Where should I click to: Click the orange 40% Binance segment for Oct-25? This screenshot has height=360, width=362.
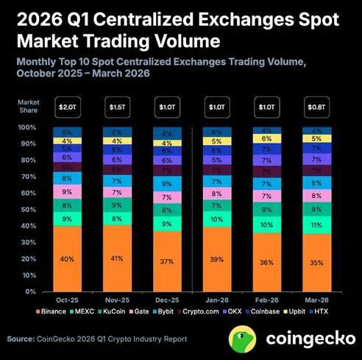click(x=67, y=258)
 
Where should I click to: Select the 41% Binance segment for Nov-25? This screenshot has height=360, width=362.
click(x=118, y=258)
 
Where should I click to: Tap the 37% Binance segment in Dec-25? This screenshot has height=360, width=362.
click(x=168, y=261)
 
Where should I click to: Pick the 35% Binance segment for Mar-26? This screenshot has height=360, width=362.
click(x=316, y=263)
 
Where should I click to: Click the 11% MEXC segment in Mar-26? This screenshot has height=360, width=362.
click(x=316, y=225)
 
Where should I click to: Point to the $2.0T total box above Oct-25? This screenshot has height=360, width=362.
click(x=67, y=107)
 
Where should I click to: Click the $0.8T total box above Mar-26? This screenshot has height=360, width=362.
click(x=316, y=107)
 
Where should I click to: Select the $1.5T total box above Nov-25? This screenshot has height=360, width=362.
click(x=118, y=107)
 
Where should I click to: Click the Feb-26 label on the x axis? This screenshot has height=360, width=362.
click(x=267, y=300)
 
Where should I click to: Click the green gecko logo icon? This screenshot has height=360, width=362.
click(x=244, y=339)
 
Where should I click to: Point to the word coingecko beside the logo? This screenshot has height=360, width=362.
click(x=305, y=340)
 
